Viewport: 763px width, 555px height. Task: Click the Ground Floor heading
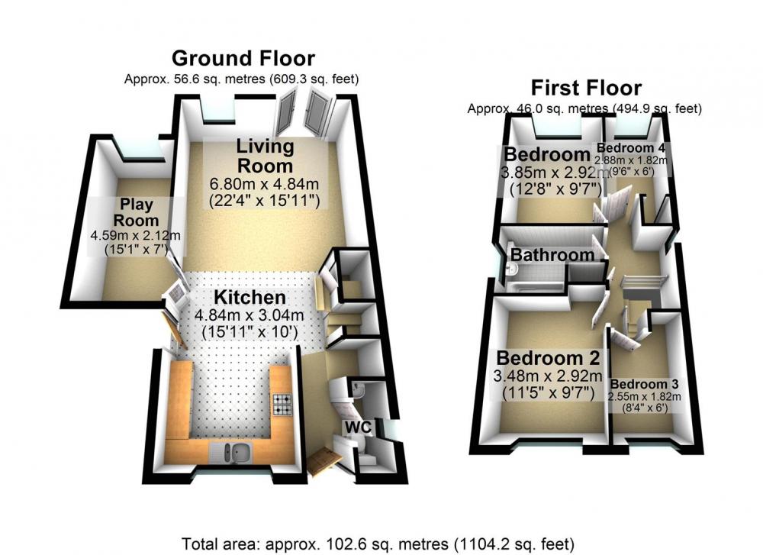click(x=243, y=59)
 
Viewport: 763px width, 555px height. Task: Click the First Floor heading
click(x=586, y=88)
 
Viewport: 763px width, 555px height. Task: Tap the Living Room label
click(x=266, y=156)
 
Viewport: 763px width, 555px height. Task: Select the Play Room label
click(x=137, y=211)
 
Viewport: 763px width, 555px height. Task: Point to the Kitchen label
click(x=250, y=298)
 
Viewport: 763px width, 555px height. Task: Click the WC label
click(x=358, y=428)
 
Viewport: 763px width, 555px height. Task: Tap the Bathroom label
click(x=552, y=255)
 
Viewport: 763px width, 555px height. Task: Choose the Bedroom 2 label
click(x=548, y=358)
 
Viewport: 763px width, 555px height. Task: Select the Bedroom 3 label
click(x=644, y=385)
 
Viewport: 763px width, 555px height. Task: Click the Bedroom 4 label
click(x=631, y=147)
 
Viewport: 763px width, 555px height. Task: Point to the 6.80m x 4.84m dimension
click(x=264, y=184)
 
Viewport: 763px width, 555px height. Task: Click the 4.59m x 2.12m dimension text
click(x=135, y=236)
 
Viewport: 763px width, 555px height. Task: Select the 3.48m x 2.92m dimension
click(x=548, y=376)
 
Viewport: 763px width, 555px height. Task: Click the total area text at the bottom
click(x=378, y=544)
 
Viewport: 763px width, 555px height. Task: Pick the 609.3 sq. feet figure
click(x=314, y=79)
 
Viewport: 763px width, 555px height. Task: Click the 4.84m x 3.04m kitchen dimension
click(x=250, y=315)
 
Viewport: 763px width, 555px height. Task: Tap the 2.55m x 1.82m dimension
click(x=644, y=397)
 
